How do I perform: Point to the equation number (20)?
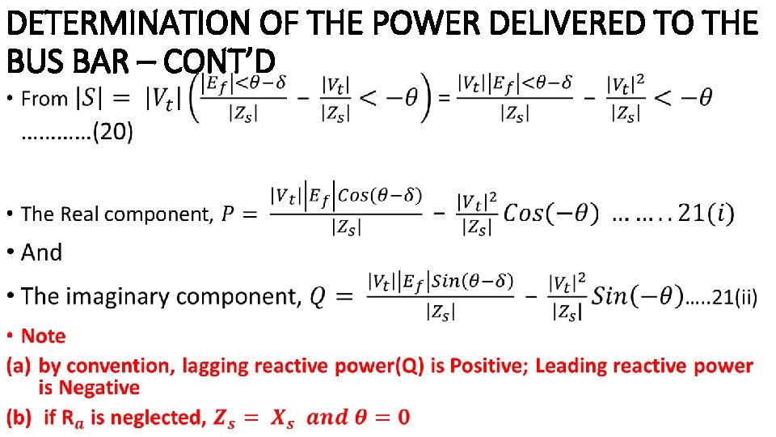click(112, 132)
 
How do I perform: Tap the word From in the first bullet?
click(44, 100)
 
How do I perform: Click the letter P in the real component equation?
click(229, 214)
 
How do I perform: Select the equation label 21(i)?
click(706, 214)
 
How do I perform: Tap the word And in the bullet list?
click(41, 252)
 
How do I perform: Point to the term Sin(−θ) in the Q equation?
click(637, 296)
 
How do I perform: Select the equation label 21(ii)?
click(733, 298)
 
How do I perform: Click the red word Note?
click(44, 336)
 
